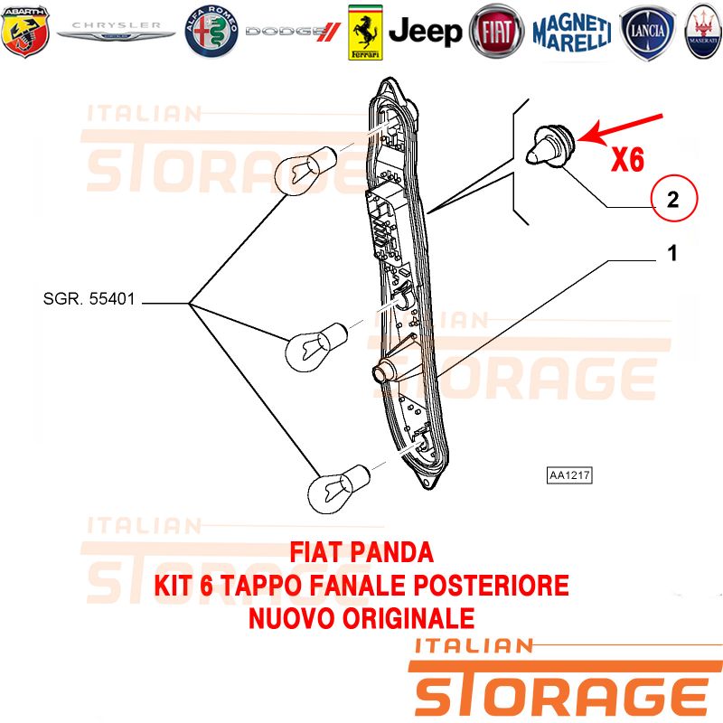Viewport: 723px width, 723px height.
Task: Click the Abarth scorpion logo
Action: point(25,32)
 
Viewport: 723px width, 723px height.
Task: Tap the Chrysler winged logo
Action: point(116,31)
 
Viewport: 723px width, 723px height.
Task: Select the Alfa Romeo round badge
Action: point(211,32)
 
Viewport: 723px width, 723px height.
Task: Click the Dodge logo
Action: point(293,32)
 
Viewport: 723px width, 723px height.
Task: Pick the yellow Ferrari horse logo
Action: point(365,33)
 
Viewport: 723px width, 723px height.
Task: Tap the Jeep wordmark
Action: point(425,32)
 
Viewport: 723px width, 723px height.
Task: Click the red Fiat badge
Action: point(496,32)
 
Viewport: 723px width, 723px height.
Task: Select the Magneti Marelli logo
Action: point(572,32)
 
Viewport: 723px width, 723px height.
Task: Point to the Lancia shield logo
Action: point(647,33)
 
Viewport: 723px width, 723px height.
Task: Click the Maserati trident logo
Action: point(704,32)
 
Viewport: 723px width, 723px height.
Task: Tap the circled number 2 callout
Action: point(673,198)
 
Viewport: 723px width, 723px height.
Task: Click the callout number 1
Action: point(672,253)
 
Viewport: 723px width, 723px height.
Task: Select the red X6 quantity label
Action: point(627,160)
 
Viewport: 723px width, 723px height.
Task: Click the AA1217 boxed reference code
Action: point(569,475)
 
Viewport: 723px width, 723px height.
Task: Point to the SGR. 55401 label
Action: point(89,299)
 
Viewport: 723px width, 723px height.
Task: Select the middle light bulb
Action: point(315,347)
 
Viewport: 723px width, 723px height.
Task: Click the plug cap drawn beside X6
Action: point(550,144)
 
